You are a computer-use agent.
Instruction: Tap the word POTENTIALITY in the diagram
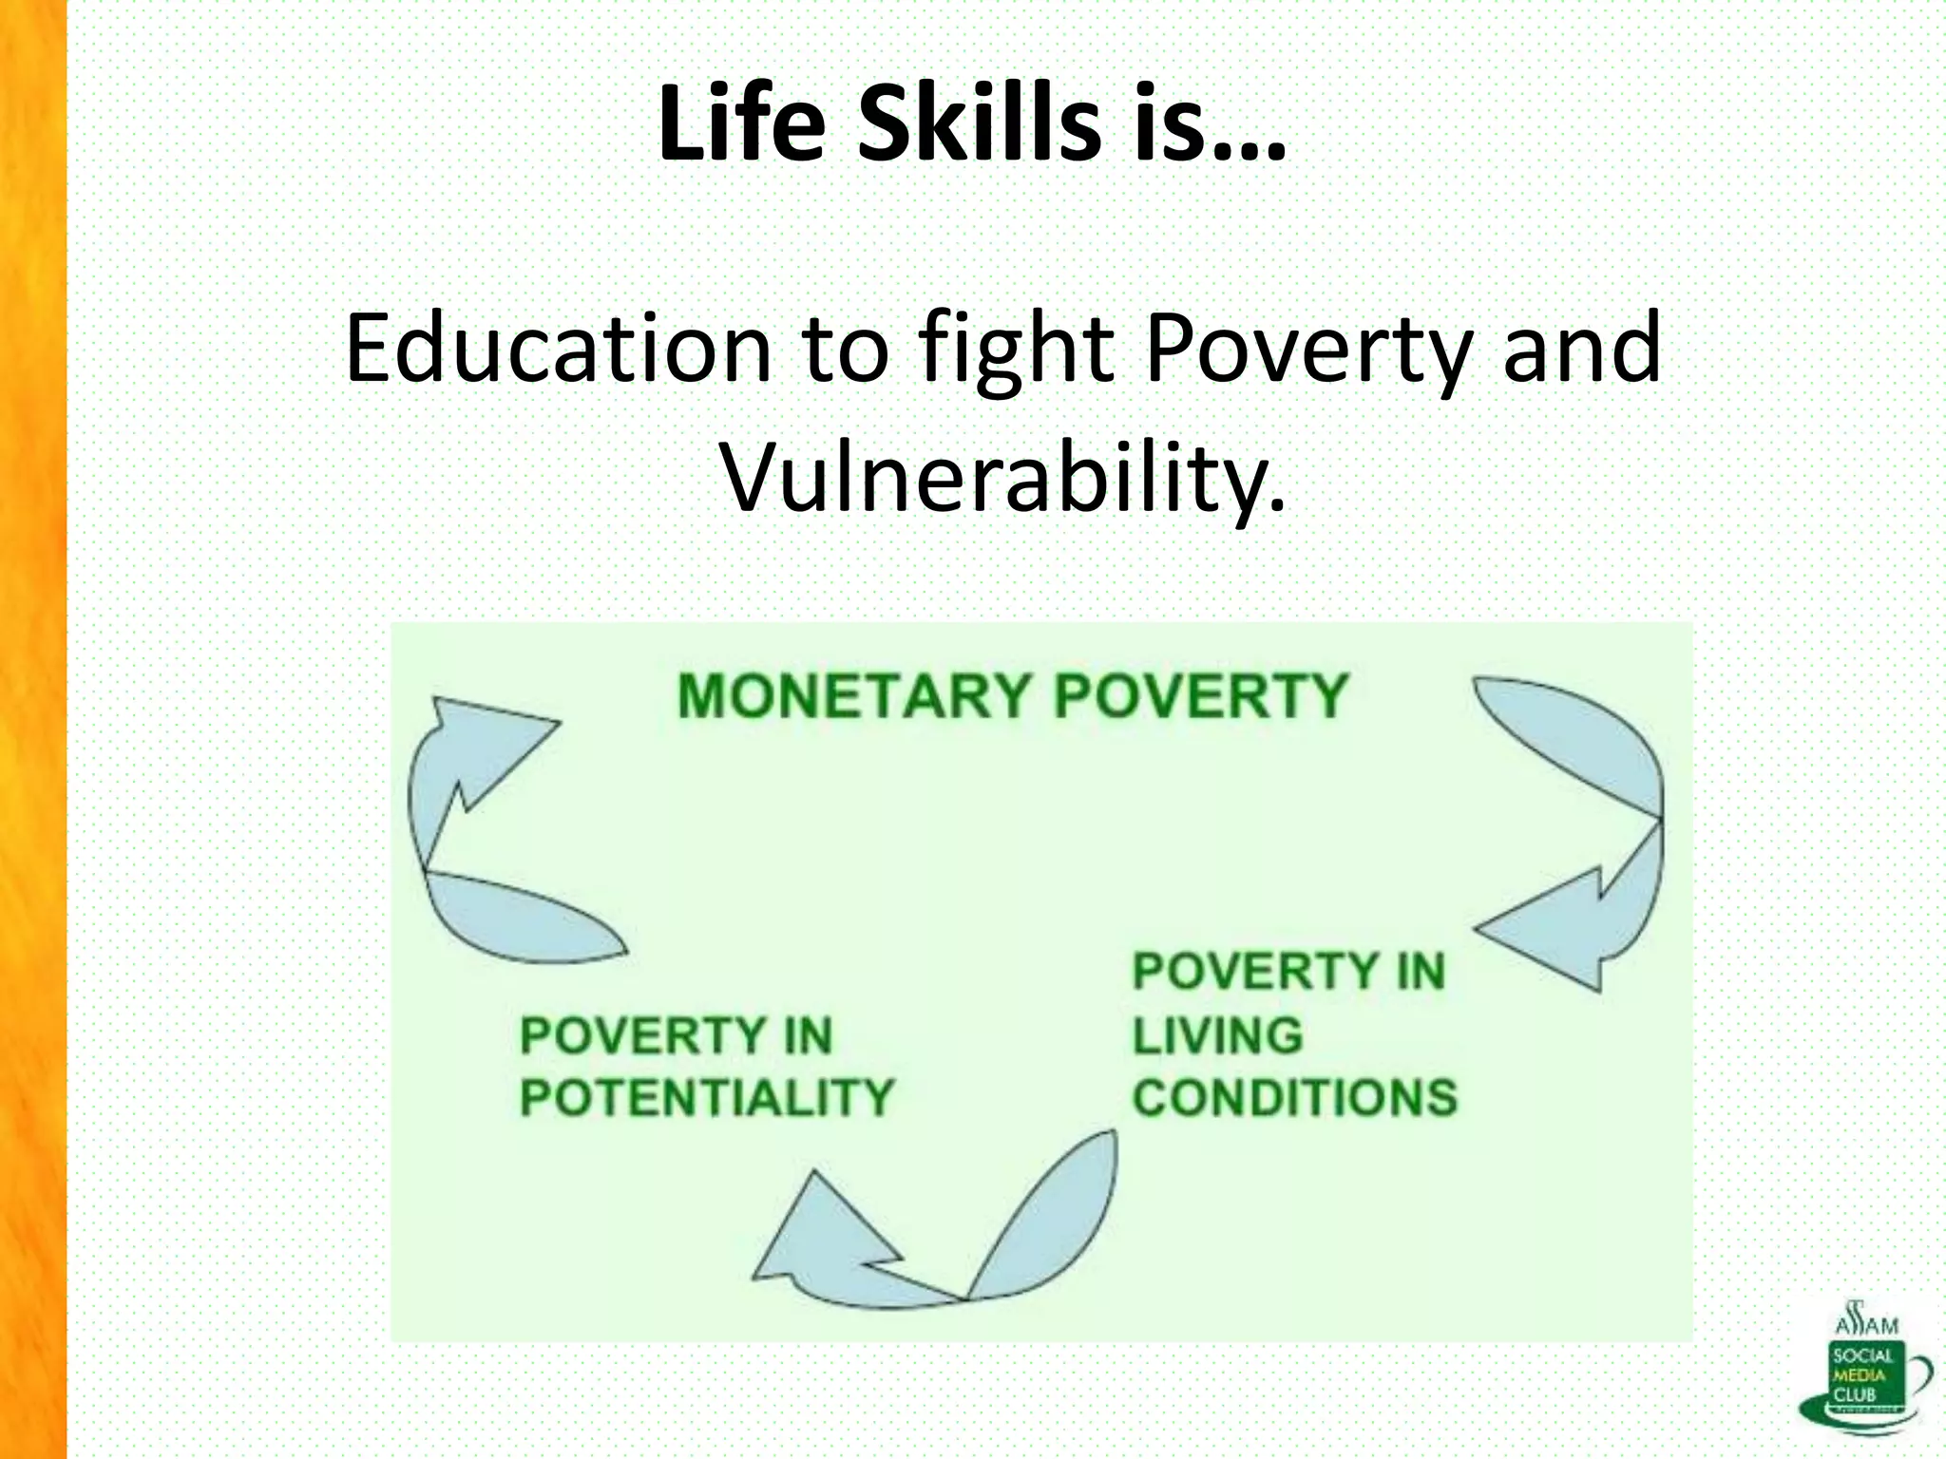[707, 1098]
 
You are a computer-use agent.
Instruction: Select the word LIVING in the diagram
[1217, 1035]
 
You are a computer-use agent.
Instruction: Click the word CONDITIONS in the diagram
[1294, 1098]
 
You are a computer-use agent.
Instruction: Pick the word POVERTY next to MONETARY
[1202, 695]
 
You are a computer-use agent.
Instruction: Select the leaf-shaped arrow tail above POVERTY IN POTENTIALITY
[523, 917]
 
